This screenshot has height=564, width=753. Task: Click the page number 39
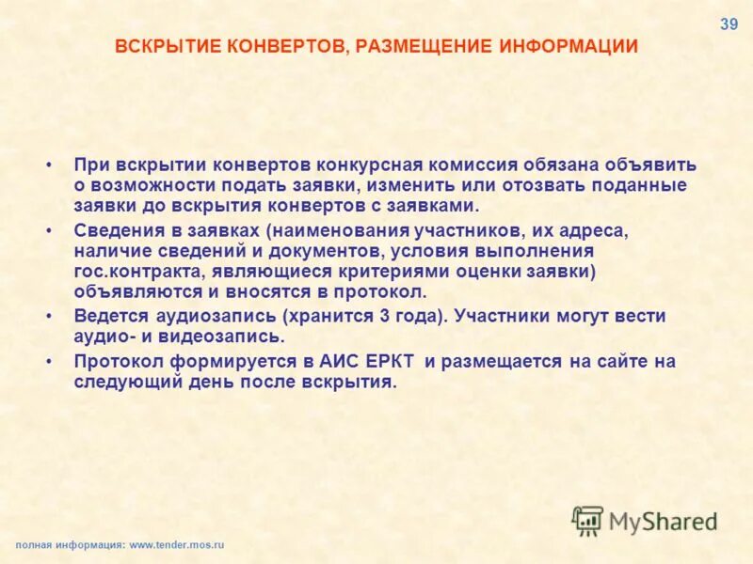(x=729, y=25)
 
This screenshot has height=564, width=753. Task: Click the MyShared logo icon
(x=587, y=520)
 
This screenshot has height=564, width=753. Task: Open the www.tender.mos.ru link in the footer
(x=177, y=545)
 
